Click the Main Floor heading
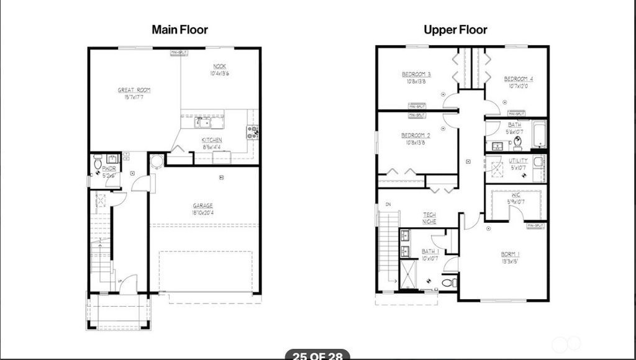point(179,29)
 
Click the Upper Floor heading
point(455,29)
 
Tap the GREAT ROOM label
point(134,90)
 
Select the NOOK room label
point(220,66)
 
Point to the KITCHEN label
point(212,140)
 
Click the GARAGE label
point(202,205)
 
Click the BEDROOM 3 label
point(416,74)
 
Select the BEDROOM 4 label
point(518,79)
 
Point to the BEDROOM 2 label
point(416,135)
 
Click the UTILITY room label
point(518,160)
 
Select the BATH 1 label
point(430,251)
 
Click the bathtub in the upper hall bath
point(538,135)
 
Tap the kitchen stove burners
point(253,131)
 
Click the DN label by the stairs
point(388,204)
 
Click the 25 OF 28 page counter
point(317,356)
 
